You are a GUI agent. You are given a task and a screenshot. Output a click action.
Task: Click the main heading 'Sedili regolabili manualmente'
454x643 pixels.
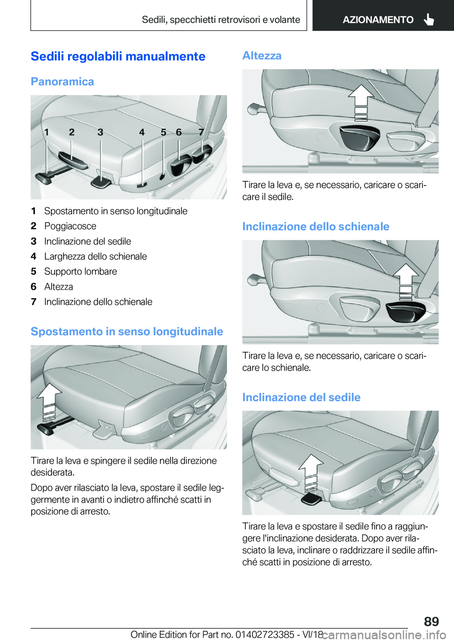[118, 57]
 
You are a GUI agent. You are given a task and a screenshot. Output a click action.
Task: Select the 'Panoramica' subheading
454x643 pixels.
[62, 82]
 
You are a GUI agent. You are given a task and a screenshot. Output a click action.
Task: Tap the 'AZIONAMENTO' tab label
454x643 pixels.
[378, 20]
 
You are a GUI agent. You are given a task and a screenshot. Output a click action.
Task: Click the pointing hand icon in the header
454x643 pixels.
[429, 19]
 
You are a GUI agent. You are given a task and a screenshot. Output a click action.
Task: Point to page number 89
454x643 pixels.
[431, 621]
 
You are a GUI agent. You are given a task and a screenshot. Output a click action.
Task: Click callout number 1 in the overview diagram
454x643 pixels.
[46, 132]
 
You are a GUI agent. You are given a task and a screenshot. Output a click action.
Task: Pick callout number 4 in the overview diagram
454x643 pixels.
[142, 132]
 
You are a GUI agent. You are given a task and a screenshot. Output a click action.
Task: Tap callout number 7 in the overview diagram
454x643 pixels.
[201, 132]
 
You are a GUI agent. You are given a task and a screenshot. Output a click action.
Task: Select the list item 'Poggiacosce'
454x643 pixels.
[70, 226]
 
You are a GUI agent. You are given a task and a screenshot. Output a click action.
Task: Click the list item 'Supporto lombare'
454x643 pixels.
[80, 271]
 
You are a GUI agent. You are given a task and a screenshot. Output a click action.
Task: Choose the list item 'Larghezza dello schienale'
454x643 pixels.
[95, 256]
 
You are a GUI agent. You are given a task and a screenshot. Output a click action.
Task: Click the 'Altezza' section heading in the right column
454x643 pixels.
[262, 56]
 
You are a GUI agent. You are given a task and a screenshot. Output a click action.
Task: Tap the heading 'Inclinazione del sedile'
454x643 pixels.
[301, 398]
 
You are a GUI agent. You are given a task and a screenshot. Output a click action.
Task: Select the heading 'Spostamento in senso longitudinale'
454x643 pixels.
[127, 331]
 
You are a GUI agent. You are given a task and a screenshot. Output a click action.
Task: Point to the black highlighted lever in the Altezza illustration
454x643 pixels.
[359, 136]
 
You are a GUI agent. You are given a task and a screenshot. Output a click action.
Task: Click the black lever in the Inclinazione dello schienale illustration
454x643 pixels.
[405, 312]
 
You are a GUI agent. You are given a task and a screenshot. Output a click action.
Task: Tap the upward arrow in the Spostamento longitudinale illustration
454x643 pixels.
[49, 399]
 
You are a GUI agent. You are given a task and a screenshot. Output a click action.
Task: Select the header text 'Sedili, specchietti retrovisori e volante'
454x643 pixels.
[221, 20]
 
